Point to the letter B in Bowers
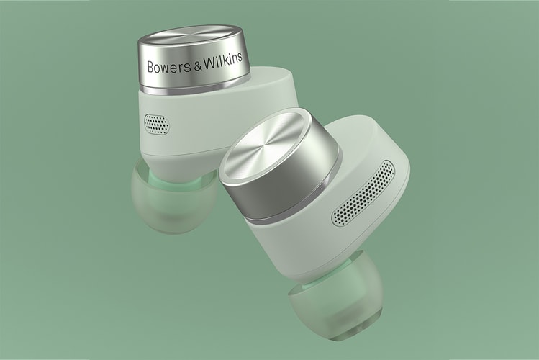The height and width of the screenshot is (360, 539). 150,68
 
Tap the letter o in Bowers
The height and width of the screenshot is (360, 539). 157,68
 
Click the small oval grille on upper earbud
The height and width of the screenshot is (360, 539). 156,124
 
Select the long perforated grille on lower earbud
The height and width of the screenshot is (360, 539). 364,194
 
